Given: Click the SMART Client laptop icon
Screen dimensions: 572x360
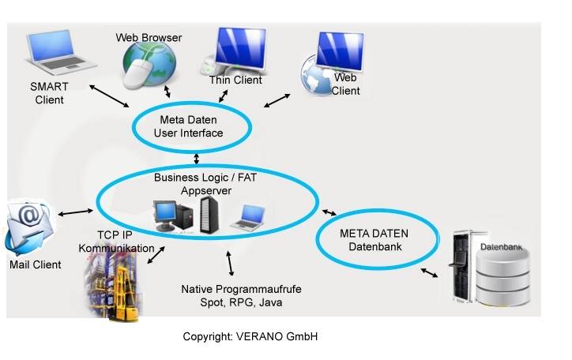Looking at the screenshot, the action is (x=61, y=52).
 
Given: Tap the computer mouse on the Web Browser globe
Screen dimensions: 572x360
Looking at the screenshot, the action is (x=137, y=73).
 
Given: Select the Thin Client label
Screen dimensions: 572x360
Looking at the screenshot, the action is (x=235, y=80).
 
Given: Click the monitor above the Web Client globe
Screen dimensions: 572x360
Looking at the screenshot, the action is (x=341, y=52).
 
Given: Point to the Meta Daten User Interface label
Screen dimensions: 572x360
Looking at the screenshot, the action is (x=188, y=126).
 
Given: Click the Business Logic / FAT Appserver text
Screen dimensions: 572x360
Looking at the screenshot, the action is (x=205, y=184).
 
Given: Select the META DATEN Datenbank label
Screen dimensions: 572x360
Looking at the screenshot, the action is (x=374, y=240).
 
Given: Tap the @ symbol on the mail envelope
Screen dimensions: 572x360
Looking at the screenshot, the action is (x=30, y=215).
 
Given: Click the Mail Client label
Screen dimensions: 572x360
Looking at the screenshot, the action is (x=35, y=264).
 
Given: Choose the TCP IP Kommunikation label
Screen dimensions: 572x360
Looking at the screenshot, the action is (x=116, y=242).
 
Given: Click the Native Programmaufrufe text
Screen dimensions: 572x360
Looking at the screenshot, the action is (x=241, y=289).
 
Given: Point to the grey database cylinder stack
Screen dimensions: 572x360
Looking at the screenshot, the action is (x=502, y=278).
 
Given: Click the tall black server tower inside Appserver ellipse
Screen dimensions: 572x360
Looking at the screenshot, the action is (x=209, y=215).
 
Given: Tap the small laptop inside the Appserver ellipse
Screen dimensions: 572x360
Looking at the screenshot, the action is (x=248, y=218).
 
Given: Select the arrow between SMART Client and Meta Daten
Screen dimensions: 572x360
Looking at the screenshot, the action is (x=109, y=96).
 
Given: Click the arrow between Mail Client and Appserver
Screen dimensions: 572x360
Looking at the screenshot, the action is (x=76, y=212).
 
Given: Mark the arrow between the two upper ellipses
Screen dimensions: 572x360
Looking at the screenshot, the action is (x=197, y=159).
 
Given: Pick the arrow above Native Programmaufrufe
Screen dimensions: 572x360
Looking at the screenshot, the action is (x=230, y=263).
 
